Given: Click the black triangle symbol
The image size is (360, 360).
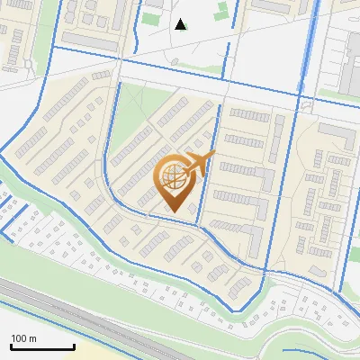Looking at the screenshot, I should [180, 24].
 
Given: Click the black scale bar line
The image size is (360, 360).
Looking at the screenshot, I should [42, 347].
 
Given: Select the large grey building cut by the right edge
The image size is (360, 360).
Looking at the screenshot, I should [351, 63].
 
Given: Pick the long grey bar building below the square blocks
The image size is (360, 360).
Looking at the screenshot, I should [96, 41].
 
